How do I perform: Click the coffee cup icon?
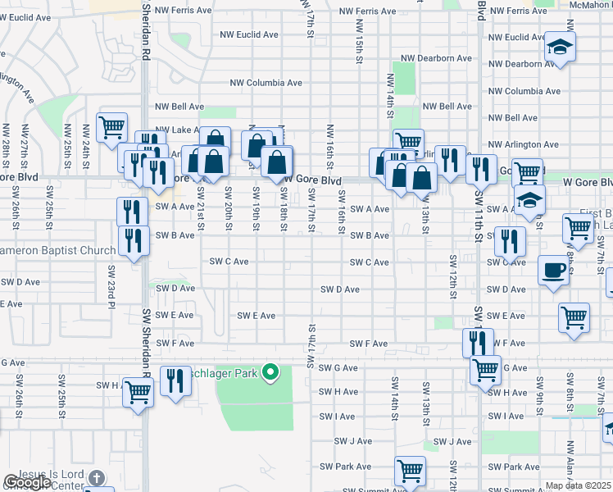[553, 271]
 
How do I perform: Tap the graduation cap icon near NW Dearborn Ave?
[561, 47]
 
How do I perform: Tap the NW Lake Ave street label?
[180, 130]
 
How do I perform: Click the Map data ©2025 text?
[579, 485]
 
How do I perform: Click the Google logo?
[26, 483]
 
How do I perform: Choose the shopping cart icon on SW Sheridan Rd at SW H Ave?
[138, 393]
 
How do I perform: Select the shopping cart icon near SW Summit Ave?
[409, 471]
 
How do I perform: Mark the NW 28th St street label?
[6, 141]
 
